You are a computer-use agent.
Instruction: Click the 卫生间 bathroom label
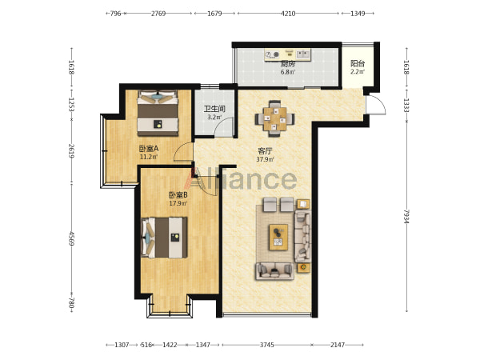214,109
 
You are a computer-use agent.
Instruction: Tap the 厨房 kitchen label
288,64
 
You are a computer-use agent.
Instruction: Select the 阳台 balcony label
358,64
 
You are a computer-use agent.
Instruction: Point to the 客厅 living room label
265,151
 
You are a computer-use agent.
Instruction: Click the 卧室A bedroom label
149,149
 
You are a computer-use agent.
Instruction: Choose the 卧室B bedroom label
178,195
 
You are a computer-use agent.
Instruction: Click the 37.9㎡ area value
265,159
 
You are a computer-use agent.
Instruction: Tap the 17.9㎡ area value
178,203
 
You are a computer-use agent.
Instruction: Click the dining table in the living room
275,118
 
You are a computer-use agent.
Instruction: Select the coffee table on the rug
278,238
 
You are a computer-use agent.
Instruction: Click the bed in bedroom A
158,113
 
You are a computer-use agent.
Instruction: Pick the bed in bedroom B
164,238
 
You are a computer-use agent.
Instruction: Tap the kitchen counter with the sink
288,54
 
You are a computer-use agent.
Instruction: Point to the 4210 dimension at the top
288,14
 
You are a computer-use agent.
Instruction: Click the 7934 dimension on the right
406,217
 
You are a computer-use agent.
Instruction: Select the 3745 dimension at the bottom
267,345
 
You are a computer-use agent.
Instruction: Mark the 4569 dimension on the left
71,238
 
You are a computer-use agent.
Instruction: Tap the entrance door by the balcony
376,105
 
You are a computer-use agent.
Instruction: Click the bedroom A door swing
183,152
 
